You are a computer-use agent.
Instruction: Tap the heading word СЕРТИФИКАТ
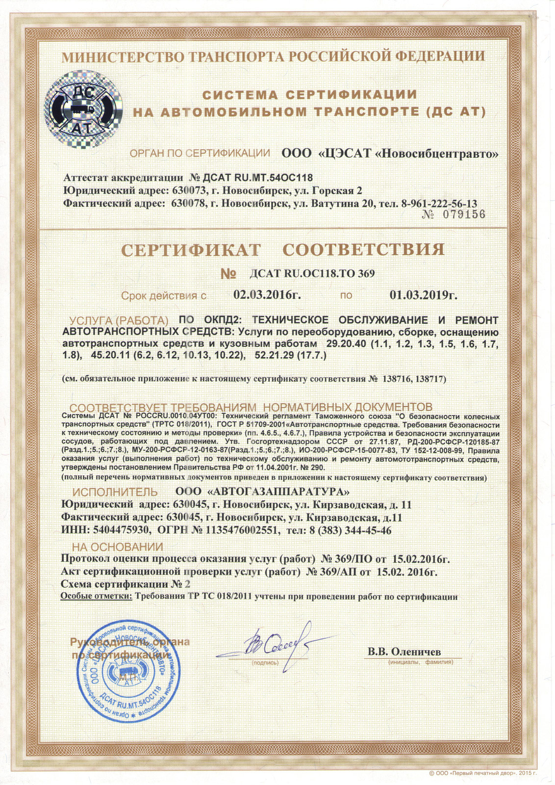coord(191,250)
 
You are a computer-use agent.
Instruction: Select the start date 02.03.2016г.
coord(267,295)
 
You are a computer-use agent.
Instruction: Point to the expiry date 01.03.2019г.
coord(424,295)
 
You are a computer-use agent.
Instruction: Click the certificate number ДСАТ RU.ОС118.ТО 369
coord(312,273)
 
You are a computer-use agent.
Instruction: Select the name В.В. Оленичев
coord(404,652)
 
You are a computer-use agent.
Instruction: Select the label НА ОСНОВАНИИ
coord(117,547)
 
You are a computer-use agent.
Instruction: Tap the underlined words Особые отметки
coord(96,597)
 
